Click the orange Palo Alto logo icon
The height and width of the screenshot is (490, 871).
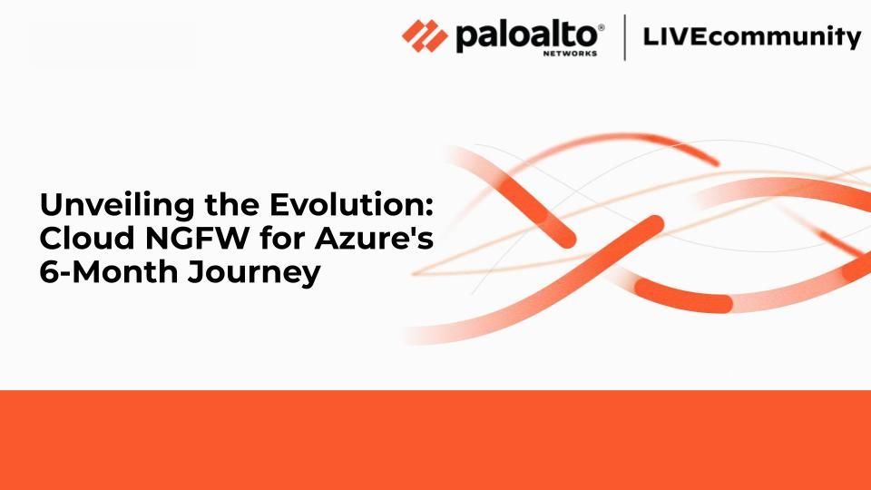(425, 36)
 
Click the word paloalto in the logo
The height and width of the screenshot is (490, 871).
(526, 36)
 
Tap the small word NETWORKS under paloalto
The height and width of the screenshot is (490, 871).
(570, 54)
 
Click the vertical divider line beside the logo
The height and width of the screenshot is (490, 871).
(625, 37)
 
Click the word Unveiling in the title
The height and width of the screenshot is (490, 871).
(117, 206)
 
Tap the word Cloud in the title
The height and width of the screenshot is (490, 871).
(87, 238)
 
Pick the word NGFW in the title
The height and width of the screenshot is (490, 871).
(197, 238)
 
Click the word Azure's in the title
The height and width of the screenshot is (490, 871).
(374, 238)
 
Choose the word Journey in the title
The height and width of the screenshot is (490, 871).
(253, 273)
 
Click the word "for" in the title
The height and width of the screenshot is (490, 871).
(282, 238)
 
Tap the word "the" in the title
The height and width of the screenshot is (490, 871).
(232, 204)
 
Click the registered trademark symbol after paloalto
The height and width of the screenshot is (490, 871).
(601, 27)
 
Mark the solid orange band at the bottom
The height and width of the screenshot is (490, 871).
(435, 440)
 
